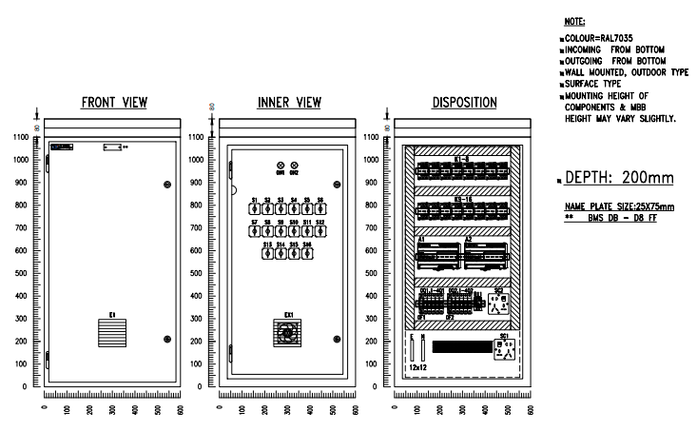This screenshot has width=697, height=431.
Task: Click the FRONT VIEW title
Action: (113, 104)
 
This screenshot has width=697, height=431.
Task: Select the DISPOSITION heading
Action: (463, 104)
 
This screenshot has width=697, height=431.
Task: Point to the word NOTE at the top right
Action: (574, 20)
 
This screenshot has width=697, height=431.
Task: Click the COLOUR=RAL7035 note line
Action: (600, 36)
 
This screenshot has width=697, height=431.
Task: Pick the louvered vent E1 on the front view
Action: (112, 332)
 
